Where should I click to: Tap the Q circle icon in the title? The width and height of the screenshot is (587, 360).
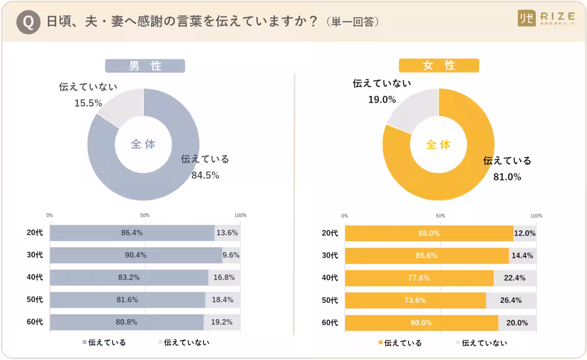click(x=28, y=22)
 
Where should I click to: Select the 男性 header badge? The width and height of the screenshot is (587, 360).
click(x=145, y=66)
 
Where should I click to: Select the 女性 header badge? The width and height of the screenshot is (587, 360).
click(x=439, y=66)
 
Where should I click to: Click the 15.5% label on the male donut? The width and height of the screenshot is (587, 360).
click(x=88, y=103)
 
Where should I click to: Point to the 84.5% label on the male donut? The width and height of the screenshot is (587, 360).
click(x=205, y=175)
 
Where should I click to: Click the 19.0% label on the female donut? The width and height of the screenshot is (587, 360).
click(x=382, y=100)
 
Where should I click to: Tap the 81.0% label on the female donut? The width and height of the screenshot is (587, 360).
click(x=507, y=177)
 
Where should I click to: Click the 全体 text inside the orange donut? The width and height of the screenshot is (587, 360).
click(x=438, y=145)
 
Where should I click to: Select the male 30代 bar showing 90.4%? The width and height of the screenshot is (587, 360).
click(x=136, y=255)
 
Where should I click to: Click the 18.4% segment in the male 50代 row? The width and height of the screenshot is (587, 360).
click(x=223, y=300)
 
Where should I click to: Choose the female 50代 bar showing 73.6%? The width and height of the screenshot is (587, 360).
click(x=415, y=300)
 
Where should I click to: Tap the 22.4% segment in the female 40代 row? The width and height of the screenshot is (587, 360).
click(x=515, y=278)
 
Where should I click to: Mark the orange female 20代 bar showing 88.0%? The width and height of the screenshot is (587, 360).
click(x=429, y=233)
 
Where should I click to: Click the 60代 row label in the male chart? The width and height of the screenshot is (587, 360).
click(x=35, y=322)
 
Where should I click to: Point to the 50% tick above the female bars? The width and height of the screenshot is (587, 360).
click(x=440, y=216)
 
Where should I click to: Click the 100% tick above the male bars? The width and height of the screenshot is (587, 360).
click(x=240, y=215)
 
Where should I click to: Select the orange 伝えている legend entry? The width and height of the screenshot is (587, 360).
click(x=399, y=343)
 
